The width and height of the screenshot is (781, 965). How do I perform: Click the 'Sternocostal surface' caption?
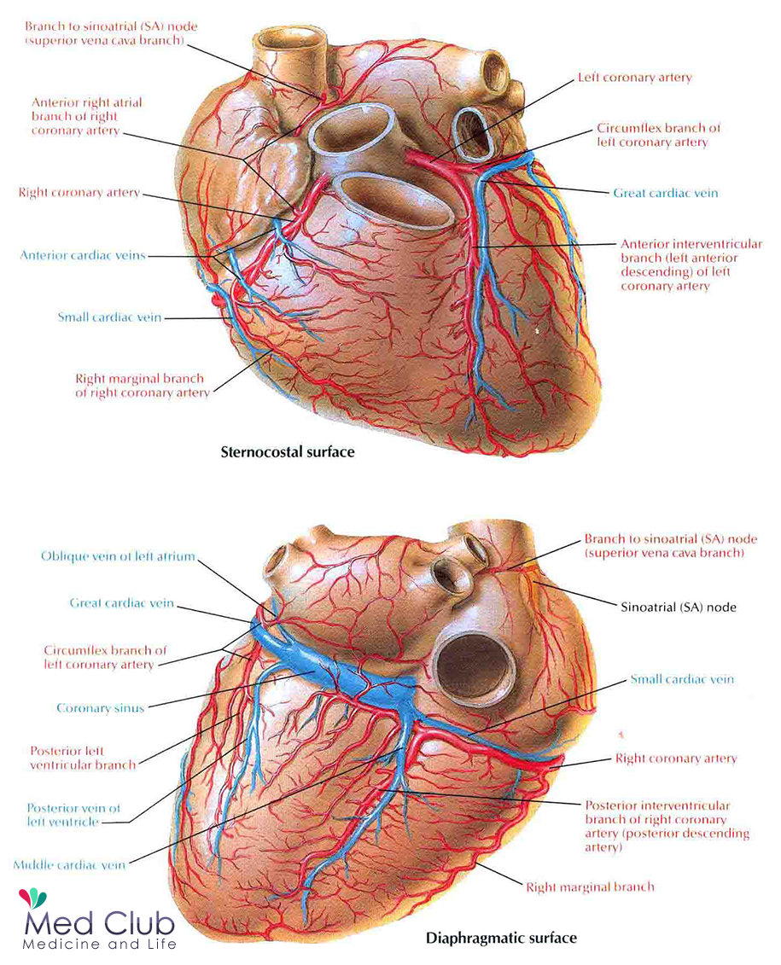[x=287, y=452]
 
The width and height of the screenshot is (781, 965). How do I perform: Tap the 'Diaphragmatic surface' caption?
[x=501, y=939]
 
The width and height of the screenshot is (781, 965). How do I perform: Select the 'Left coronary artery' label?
[x=634, y=78]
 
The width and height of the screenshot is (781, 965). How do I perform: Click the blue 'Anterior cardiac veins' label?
[x=83, y=254]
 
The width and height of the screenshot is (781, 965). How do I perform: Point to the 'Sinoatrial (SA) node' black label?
[x=678, y=607]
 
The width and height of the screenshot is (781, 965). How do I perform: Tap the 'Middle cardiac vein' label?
[x=69, y=865]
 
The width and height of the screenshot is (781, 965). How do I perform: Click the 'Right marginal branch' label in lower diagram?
[x=590, y=887]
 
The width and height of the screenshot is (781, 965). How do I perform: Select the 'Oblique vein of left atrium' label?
[x=118, y=556]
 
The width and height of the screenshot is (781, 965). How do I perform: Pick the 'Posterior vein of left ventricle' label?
[x=73, y=815]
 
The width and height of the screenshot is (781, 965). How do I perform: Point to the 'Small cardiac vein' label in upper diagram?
[x=109, y=317]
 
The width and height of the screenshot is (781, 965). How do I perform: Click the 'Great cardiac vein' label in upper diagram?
[x=666, y=194]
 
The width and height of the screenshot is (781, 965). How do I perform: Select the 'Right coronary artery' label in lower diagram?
[x=676, y=759]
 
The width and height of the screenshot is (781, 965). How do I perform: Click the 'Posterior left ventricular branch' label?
[x=83, y=759]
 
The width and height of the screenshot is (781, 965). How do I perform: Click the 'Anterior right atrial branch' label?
[x=87, y=116]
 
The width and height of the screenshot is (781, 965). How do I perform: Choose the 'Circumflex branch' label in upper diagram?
[x=658, y=135]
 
